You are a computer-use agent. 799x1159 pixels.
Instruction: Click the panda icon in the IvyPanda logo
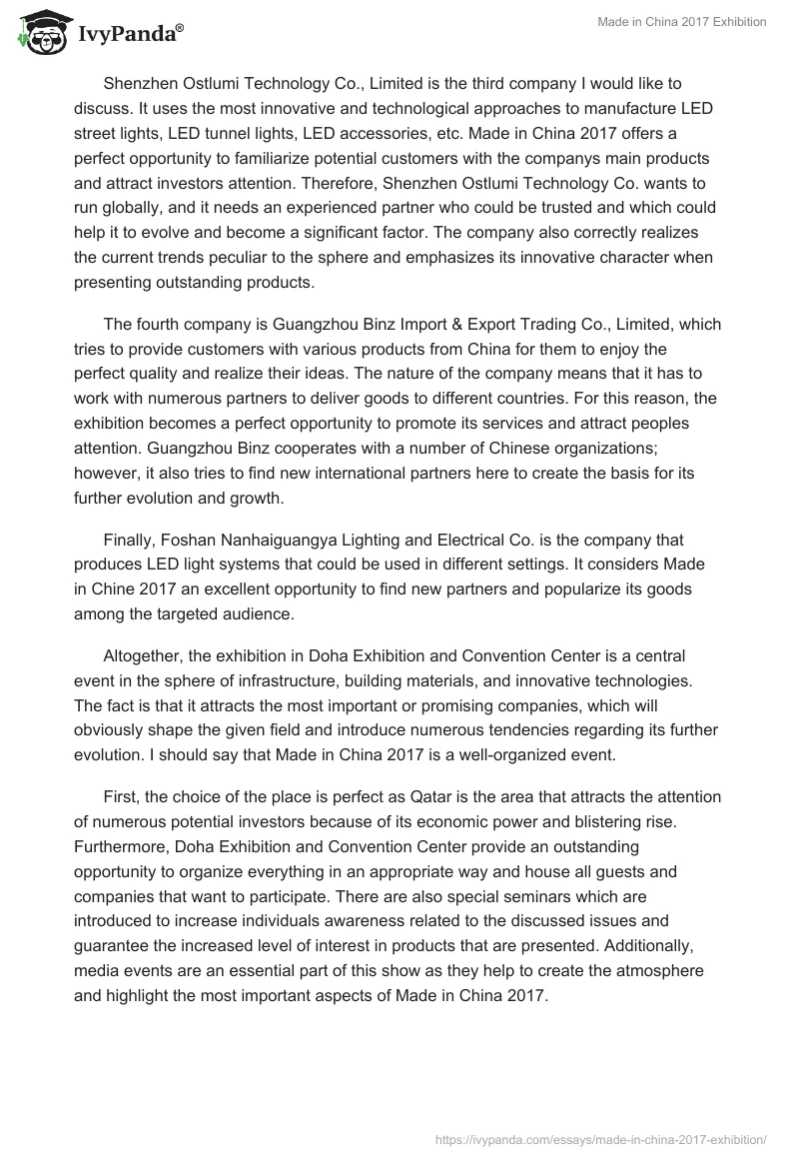(x=40, y=33)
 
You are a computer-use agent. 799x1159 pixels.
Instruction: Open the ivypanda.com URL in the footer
(x=602, y=1138)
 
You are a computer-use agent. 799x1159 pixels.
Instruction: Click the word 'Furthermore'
(x=121, y=846)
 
